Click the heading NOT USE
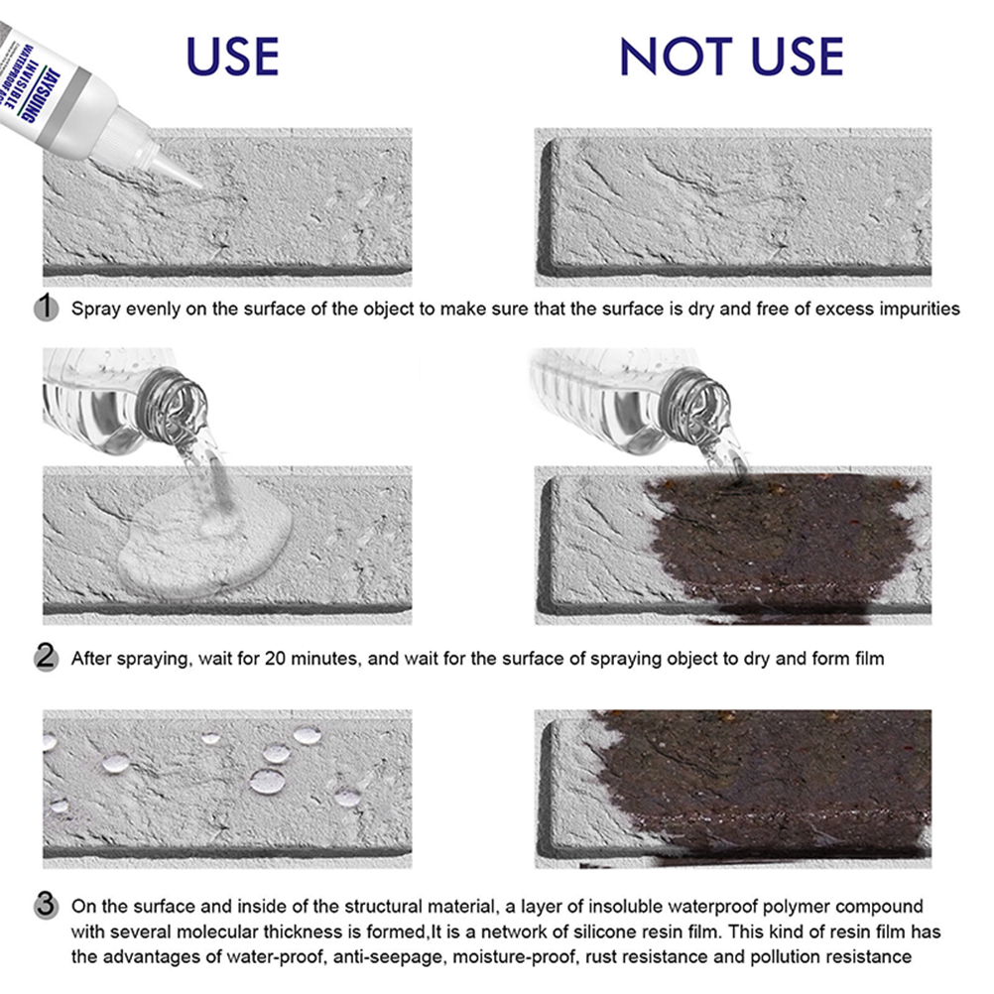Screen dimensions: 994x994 [x=731, y=57]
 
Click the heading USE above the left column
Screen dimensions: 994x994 [x=233, y=57]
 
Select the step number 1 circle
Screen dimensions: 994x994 [x=46, y=308]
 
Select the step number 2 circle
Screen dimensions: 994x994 [x=46, y=657]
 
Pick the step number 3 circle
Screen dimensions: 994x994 [x=46, y=905]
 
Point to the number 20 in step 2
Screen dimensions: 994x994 [x=276, y=659]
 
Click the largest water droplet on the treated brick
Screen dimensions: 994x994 [x=268, y=782]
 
